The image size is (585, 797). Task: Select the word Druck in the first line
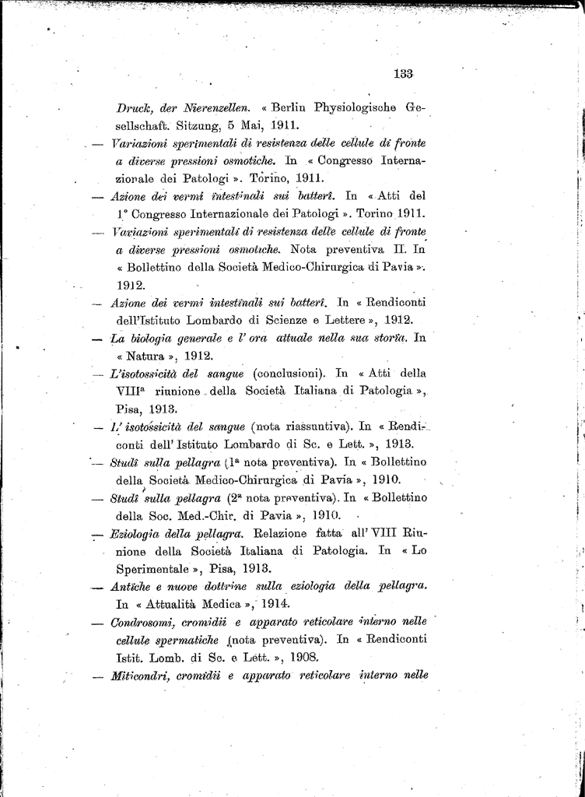[134, 107]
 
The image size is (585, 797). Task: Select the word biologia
[161, 338]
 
